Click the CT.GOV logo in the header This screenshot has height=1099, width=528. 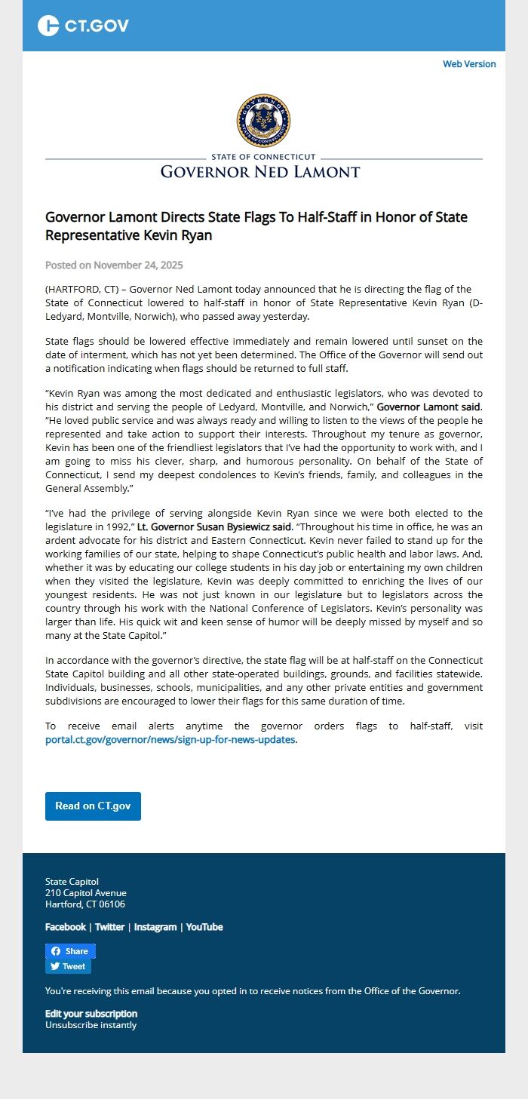[83, 26]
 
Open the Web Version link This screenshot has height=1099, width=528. [469, 64]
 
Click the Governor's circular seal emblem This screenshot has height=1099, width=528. [263, 121]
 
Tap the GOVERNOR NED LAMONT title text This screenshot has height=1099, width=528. [260, 172]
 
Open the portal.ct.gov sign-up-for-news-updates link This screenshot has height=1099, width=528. [170, 740]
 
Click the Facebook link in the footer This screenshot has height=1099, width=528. [66, 927]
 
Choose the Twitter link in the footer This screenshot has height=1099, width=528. [109, 927]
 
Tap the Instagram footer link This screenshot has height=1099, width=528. [155, 927]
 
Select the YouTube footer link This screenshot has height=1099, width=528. [204, 927]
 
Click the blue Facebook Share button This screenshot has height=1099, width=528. [70, 951]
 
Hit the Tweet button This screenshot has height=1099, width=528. [68, 966]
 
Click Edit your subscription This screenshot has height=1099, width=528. [91, 1014]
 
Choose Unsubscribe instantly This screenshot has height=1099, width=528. [91, 1025]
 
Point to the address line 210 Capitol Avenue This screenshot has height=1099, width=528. [86, 893]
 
